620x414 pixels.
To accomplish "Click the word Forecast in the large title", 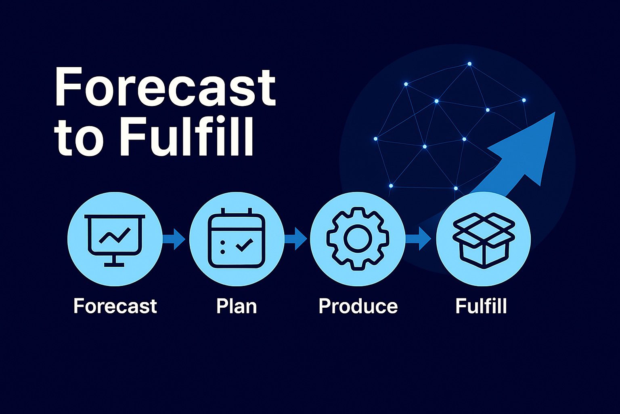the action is (165, 87).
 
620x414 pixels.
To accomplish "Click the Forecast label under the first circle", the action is (115, 306).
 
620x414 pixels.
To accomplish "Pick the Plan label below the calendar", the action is (237, 306).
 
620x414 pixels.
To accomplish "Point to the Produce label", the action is (358, 306).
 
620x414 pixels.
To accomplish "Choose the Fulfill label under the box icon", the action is (481, 306).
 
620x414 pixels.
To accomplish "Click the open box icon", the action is (484, 241).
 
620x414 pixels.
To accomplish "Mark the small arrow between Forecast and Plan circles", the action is (174, 239).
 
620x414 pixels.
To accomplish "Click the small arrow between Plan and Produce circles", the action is (295, 239).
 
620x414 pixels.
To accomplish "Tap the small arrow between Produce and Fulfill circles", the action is (418, 239).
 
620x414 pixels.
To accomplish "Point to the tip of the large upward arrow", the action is (555, 112).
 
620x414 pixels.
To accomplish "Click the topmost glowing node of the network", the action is (469, 64).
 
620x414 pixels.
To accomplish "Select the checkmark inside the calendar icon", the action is (244, 245).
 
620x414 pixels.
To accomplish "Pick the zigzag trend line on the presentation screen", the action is (115, 236).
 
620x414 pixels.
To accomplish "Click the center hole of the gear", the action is (358, 239).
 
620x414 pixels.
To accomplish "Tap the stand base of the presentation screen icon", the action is (114, 265).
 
